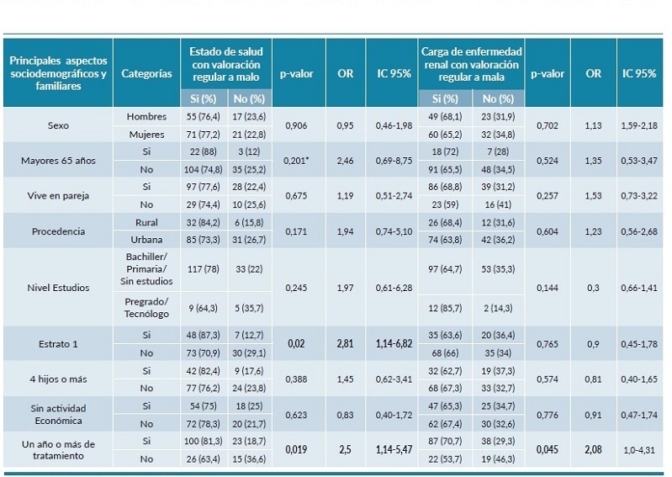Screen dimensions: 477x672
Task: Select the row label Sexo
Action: (x=58, y=125)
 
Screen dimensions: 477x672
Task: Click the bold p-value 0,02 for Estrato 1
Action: (x=296, y=344)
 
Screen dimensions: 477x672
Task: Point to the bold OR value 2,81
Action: (x=345, y=344)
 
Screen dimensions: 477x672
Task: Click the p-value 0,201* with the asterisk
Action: (x=296, y=161)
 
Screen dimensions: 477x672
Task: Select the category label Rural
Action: (x=146, y=223)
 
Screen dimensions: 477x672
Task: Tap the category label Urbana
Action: (x=146, y=240)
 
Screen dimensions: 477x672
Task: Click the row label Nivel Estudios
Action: (x=58, y=288)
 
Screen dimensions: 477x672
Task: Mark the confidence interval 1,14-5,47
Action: (x=394, y=449)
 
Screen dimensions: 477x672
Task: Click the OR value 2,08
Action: (x=594, y=449)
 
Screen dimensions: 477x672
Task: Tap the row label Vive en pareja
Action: (x=58, y=195)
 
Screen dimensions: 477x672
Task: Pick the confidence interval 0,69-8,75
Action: (x=394, y=161)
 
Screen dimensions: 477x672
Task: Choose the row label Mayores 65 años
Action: (x=58, y=160)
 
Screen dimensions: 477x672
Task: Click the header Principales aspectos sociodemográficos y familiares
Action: (x=58, y=73)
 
